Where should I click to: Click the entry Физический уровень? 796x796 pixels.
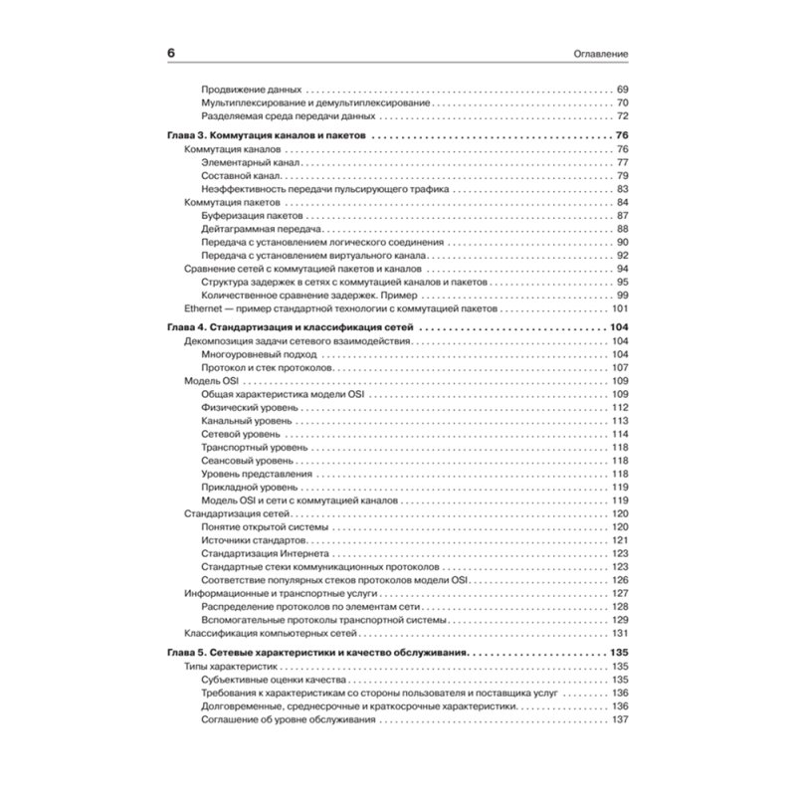point(248,408)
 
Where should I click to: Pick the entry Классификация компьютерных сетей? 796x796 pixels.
point(258,633)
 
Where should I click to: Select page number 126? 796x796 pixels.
point(622,579)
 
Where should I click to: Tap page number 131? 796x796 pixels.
point(622,633)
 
